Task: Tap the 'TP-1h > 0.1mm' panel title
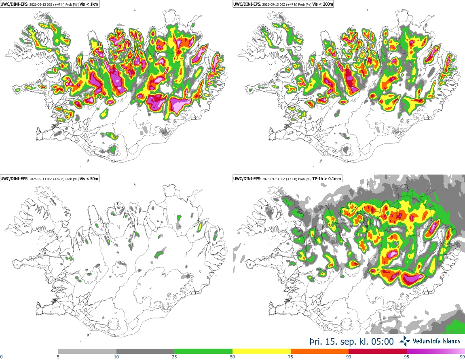pyautogui.click(x=326, y=179)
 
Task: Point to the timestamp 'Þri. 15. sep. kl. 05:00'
pyautogui.click(x=352, y=341)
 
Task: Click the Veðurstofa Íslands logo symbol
pyautogui.click(x=405, y=341)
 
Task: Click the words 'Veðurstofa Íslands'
pyautogui.click(x=437, y=341)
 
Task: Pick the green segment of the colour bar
pyautogui.click(x=203, y=352)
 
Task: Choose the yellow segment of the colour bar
pyautogui.click(x=262, y=352)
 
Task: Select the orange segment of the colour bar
pyautogui.click(x=320, y=352)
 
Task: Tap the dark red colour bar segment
pyautogui.click(x=378, y=352)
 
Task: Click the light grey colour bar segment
pyautogui.click(x=87, y=352)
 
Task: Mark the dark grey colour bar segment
pyautogui.click(x=145, y=352)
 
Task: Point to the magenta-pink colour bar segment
pyautogui.click(x=436, y=352)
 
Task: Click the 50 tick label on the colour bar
pyautogui.click(x=232, y=357)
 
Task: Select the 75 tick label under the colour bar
pyautogui.click(x=291, y=357)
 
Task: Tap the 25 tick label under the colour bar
pyautogui.click(x=174, y=357)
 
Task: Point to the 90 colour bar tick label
pyautogui.click(x=349, y=357)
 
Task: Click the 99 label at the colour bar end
pyautogui.click(x=463, y=357)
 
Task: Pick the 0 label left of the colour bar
pyautogui.click(x=1, y=357)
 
